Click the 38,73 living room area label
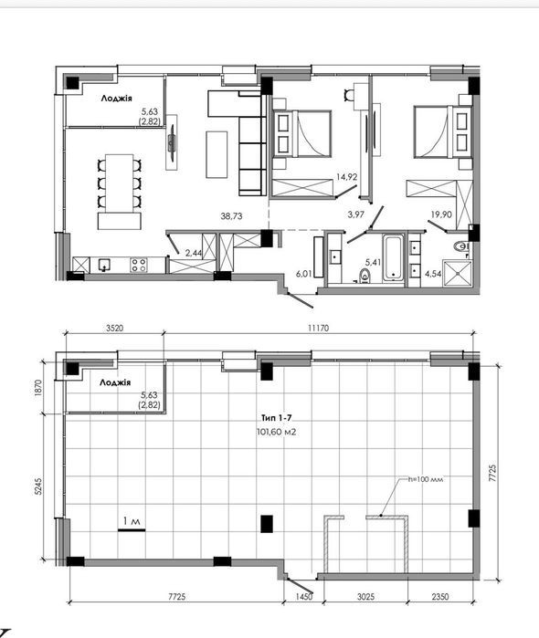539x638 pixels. [231, 216]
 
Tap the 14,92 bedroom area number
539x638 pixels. [347, 176]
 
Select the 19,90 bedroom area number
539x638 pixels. [441, 214]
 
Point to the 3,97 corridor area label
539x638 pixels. [356, 214]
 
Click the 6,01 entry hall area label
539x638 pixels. [304, 274]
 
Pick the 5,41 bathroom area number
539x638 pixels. [373, 263]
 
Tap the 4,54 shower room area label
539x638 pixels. [433, 274]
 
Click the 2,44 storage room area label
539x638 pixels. [194, 253]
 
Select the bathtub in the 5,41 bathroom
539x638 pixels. [393, 259]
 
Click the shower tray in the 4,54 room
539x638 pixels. [459, 274]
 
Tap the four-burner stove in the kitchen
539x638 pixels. [139, 265]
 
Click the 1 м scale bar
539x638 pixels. [132, 529]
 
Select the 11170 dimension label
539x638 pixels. [318, 328]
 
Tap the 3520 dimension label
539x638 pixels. [114, 328]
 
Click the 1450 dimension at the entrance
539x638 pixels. [304, 597]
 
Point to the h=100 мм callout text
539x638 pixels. [426, 479]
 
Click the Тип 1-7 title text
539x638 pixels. [276, 417]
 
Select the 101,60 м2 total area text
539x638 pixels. [276, 432]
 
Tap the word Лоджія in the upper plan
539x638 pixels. [117, 98]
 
